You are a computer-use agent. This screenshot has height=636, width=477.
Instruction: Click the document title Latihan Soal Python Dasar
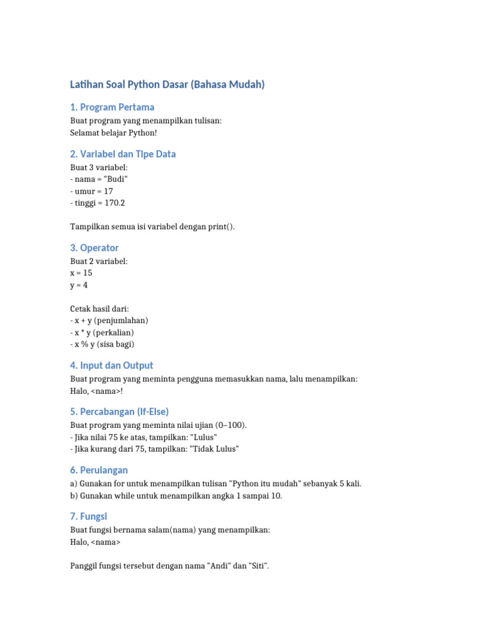click(x=167, y=84)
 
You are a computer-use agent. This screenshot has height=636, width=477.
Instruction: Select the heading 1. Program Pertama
click(x=112, y=107)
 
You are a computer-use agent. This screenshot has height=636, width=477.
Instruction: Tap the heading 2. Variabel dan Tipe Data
click(x=123, y=154)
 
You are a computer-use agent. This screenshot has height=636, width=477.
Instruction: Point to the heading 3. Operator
click(x=94, y=248)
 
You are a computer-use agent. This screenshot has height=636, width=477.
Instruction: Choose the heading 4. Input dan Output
click(x=112, y=365)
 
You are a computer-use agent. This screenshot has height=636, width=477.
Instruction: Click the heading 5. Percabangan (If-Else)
click(x=119, y=412)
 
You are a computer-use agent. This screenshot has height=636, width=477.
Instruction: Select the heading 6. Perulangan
click(x=99, y=470)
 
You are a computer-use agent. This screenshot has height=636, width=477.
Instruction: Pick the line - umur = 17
click(x=92, y=191)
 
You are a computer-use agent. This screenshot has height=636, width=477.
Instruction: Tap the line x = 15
click(x=81, y=273)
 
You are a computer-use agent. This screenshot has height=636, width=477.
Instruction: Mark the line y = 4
click(x=79, y=285)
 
